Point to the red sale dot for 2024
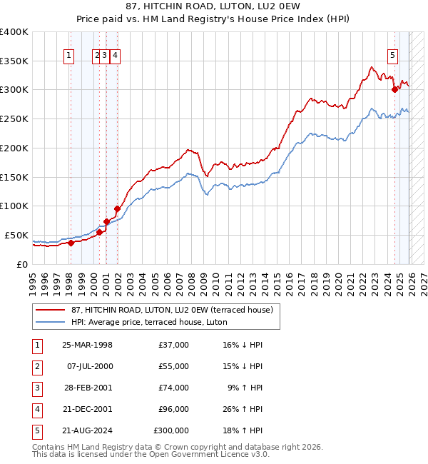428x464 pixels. click(394, 89)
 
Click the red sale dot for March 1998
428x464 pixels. click(71, 243)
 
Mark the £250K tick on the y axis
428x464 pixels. click(14, 118)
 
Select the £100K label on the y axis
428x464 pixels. click(14, 206)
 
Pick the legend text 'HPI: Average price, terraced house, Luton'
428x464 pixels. click(148, 323)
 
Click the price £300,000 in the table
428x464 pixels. click(170, 430)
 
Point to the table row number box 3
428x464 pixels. click(36, 388)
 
